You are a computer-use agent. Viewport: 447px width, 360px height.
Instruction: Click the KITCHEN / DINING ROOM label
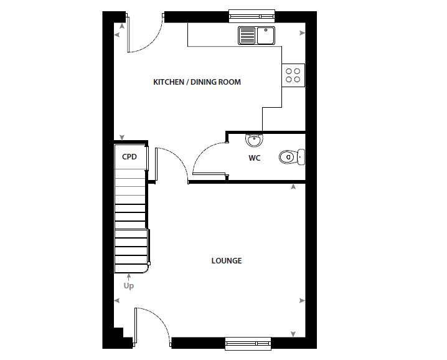[x=197, y=82]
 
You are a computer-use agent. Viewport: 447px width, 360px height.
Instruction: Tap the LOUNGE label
[x=227, y=261]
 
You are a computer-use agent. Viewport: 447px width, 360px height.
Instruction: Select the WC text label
[x=254, y=158]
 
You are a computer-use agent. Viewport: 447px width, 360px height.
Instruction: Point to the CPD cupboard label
[x=129, y=157]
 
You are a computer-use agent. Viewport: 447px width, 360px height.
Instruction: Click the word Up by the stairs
[x=129, y=285]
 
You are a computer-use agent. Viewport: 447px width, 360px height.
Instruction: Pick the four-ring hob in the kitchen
[x=293, y=75]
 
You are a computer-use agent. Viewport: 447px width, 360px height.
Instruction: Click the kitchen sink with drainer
[x=256, y=36]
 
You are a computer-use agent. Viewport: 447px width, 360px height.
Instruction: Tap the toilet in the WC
[x=291, y=157]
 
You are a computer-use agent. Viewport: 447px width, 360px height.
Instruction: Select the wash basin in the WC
[x=254, y=140]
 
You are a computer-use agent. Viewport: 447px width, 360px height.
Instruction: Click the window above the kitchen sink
[x=252, y=16]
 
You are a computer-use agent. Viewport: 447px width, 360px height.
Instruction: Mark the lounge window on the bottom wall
[x=248, y=344]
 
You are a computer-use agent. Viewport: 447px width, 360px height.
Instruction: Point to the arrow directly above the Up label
[x=129, y=277]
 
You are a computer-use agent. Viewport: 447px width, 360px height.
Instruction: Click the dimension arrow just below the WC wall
[x=293, y=187]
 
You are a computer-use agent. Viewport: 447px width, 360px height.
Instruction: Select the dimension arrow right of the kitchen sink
[x=302, y=33]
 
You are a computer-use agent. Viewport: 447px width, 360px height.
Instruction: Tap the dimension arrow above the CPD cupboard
[x=122, y=137]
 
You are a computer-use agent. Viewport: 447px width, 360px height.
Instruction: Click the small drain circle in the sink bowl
[x=266, y=30]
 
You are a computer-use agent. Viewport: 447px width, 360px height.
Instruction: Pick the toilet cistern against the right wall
[x=301, y=157]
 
